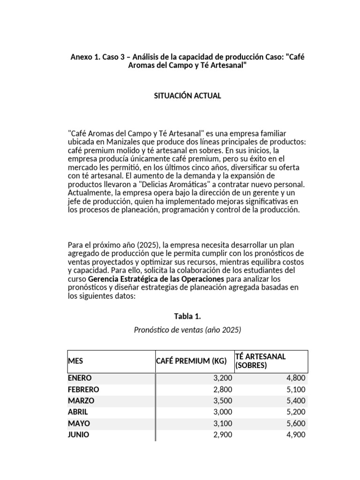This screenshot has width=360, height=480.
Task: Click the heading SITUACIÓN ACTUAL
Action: click(187, 96)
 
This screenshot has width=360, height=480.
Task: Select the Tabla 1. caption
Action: click(187, 316)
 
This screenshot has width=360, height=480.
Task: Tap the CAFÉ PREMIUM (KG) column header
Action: click(191, 361)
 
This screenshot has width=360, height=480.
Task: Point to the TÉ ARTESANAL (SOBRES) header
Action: click(260, 361)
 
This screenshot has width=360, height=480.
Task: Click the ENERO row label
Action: click(80, 378)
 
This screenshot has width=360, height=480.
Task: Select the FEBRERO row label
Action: click(83, 390)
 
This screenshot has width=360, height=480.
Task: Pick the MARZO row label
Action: click(81, 401)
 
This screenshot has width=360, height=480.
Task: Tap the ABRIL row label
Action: click(78, 412)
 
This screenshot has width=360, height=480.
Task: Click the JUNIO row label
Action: click(78, 435)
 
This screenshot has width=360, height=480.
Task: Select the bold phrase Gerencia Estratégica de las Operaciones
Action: click(145, 279)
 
